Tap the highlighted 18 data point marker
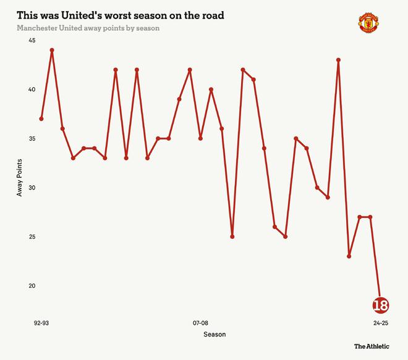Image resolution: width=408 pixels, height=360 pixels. click(381, 305)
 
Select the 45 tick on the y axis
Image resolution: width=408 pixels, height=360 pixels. click(32, 41)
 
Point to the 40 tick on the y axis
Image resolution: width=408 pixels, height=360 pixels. click(32, 90)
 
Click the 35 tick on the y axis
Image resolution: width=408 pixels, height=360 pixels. click(32, 139)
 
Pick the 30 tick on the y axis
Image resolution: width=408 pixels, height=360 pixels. click(32, 188)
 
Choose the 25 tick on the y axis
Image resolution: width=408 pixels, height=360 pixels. click(32, 237)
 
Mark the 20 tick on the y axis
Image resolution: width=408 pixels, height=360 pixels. click(32, 286)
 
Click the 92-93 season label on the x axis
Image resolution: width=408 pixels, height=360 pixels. click(41, 323)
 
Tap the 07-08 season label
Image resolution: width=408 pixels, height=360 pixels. click(200, 323)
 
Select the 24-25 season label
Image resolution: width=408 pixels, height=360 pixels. click(381, 323)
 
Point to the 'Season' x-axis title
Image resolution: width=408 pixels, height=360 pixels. click(215, 335)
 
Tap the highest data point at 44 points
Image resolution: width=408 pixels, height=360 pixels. click(52, 50)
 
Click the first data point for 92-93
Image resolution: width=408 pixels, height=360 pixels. click(41, 119)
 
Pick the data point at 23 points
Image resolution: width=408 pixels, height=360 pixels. click(349, 256)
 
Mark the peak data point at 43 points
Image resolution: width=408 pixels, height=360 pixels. click(338, 60)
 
